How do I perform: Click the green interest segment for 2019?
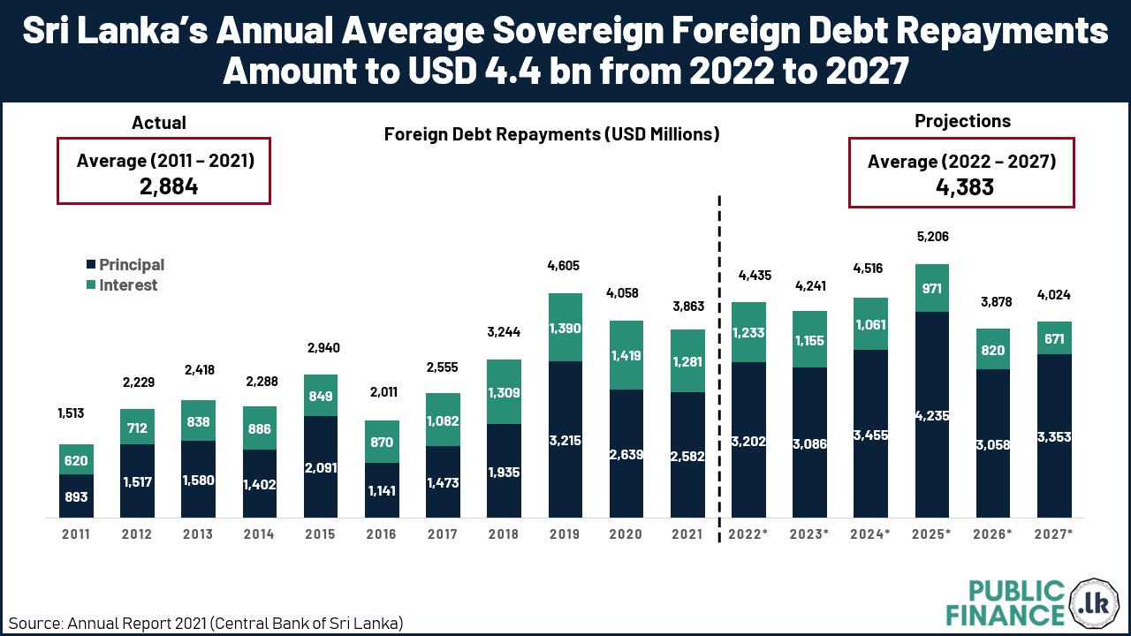click(565, 327)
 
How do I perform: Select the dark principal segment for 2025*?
click(932, 414)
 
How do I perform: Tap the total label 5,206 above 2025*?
click(932, 237)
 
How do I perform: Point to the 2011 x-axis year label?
click(76, 534)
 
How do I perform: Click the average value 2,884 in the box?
click(163, 186)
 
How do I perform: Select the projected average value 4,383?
click(961, 187)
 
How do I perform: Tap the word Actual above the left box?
click(159, 123)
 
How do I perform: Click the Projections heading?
click(962, 121)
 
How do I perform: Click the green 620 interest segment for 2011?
click(76, 459)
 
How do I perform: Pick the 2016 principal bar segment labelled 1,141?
click(382, 490)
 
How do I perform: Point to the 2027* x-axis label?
click(1054, 534)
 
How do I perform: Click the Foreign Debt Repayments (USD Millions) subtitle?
click(552, 134)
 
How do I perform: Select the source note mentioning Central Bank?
click(206, 622)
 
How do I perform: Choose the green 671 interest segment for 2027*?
click(1054, 338)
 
